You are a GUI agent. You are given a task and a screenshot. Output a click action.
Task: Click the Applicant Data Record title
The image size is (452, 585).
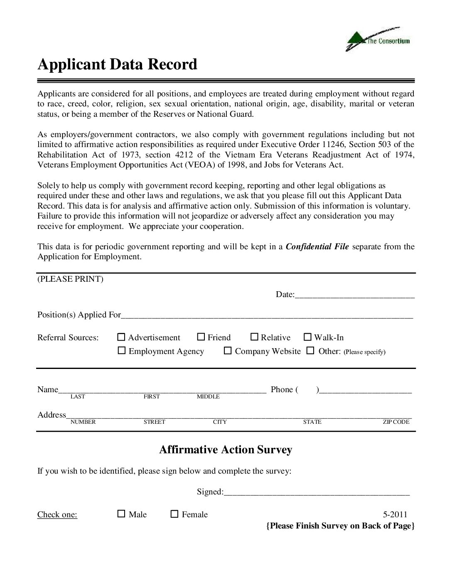tap(117, 65)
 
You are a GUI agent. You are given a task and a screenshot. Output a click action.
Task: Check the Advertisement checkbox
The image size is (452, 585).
tap(121, 337)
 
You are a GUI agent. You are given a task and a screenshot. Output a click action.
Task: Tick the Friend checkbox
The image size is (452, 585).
tap(201, 337)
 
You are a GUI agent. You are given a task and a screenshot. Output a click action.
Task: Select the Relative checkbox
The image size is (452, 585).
tap(254, 337)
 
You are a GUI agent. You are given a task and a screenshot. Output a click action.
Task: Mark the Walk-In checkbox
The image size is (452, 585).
tap(307, 337)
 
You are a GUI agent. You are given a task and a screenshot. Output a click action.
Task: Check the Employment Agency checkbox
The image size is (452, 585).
tap(121, 351)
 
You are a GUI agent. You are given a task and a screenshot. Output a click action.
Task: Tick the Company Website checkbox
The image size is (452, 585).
tap(228, 351)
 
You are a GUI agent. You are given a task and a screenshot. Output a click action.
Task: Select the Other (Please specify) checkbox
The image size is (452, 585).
tap(310, 351)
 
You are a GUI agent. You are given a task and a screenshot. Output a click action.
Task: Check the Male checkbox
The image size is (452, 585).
tap(121, 514)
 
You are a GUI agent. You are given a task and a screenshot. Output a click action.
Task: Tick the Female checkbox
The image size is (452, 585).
tap(174, 514)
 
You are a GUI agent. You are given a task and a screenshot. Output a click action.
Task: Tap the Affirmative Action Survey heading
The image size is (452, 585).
tap(226, 450)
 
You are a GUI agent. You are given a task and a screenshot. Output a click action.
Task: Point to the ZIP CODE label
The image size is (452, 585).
tap(396, 422)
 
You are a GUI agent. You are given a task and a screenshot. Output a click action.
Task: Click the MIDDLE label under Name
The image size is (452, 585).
tap(208, 397)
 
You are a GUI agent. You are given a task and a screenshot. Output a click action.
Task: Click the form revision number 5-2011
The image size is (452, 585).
tap(395, 514)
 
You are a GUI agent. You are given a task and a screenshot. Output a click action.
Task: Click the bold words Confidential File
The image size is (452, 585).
tap(317, 246)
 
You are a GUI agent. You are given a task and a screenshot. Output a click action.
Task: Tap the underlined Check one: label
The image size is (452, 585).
tap(57, 514)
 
